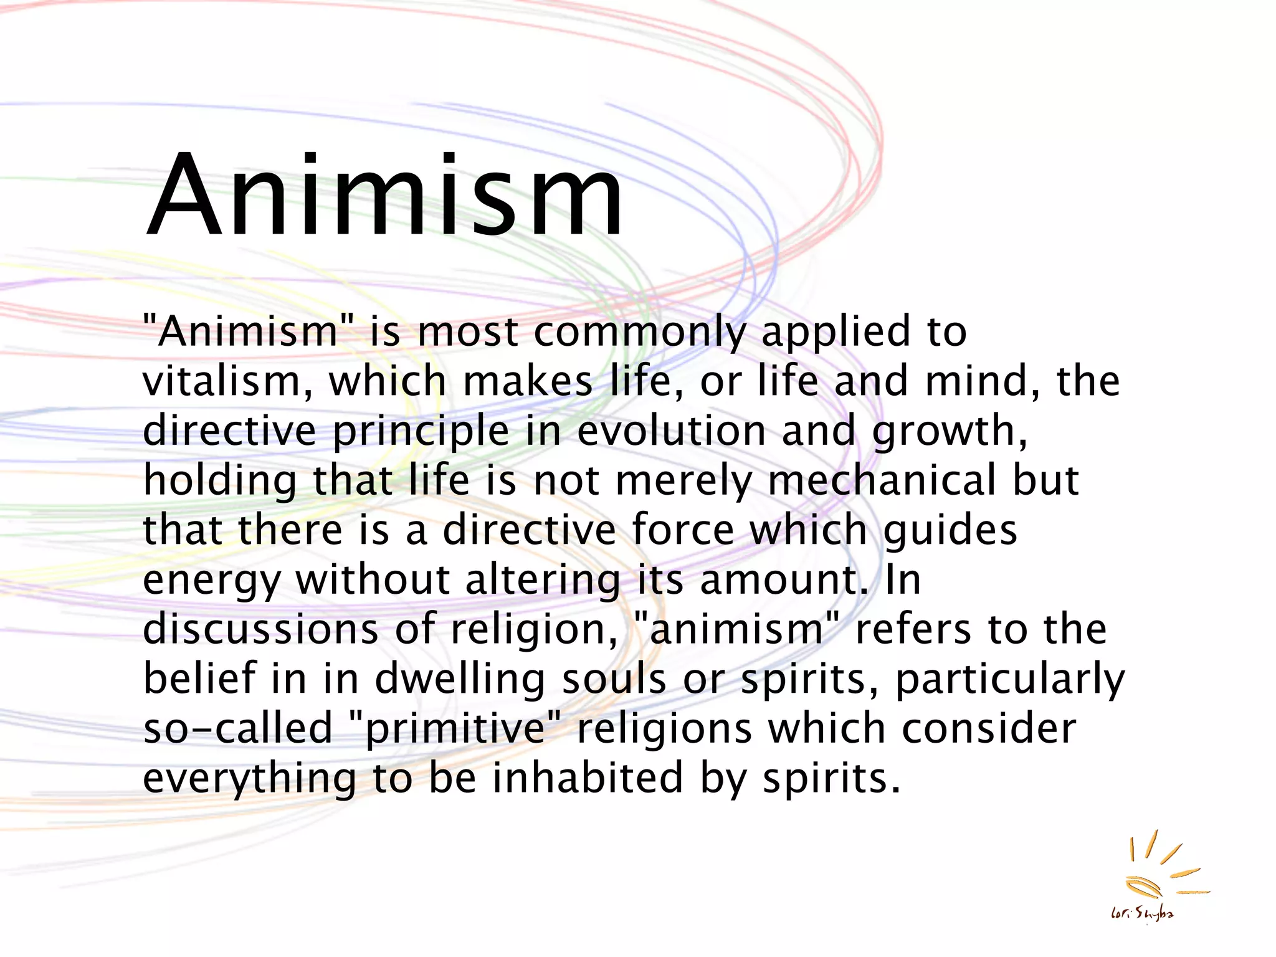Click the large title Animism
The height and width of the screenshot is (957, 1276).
[383, 196]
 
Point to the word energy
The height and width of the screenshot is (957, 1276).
[212, 581]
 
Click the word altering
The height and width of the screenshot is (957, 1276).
[543, 581]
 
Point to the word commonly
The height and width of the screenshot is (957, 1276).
[640, 331]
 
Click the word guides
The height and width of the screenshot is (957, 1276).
[950, 531]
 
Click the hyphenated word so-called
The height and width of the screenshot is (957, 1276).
[238, 728]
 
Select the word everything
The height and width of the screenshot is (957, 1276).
[250, 779]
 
